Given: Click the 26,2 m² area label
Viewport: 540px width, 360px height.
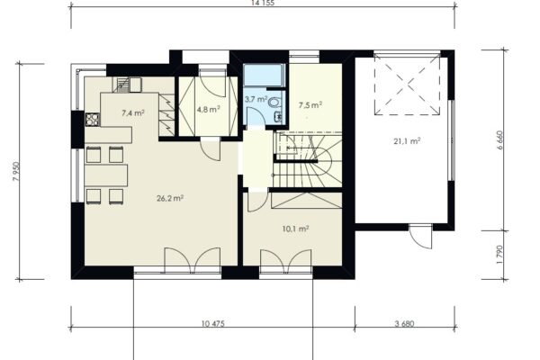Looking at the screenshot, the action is point(170,198).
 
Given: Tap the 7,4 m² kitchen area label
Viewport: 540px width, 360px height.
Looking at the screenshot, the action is point(133,112).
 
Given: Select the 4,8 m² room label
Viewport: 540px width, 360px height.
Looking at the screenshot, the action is point(208,109).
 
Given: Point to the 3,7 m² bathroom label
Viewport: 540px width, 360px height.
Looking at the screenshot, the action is point(256,100).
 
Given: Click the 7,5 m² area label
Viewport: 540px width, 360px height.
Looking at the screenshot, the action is point(310,105).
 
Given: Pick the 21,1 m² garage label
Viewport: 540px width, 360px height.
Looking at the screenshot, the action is point(407,141).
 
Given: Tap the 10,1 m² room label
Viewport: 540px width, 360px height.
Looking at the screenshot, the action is point(295,229).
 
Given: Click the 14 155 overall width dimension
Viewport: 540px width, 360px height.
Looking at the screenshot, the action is point(263,3).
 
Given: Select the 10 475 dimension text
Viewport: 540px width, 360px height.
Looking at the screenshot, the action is point(213,323).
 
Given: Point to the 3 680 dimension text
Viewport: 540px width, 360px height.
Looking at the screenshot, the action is point(405,323).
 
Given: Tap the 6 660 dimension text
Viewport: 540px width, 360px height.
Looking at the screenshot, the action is point(500,139).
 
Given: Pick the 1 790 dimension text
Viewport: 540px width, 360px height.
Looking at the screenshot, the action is point(500,255).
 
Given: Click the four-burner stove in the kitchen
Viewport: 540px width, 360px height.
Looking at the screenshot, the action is point(93,119).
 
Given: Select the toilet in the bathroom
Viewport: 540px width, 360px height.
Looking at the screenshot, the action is point(274,103).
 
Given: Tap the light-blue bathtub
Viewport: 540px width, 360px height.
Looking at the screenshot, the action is point(264,75).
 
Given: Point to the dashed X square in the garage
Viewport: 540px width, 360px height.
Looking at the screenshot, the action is point(407,84).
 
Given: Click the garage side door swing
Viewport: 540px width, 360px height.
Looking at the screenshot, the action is point(421,236).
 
